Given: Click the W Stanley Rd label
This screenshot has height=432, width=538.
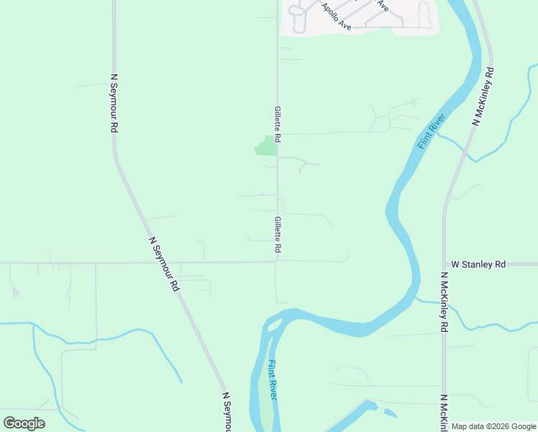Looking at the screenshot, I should (478, 264).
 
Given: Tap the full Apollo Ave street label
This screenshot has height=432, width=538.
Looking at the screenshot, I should (336, 17).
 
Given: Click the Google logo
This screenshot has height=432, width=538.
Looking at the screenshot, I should (24, 423).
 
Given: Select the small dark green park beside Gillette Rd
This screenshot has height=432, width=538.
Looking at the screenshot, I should (266, 146).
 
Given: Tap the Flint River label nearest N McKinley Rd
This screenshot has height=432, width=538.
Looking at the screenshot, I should (432, 132).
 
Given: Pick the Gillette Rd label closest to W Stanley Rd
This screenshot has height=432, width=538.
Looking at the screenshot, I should (277, 235).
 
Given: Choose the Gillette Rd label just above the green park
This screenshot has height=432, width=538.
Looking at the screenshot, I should (277, 123).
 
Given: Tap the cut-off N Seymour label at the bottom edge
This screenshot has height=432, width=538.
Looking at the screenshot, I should (227, 413).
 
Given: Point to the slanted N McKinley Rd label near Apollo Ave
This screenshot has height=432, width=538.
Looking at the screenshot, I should (483, 96).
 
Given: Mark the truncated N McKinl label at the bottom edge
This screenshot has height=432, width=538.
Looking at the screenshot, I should (445, 413).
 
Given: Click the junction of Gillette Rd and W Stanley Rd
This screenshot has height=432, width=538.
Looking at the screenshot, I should (277, 262).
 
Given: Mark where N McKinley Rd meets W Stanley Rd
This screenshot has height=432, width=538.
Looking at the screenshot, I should (443, 264).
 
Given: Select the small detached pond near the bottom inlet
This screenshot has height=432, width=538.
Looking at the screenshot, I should (390, 413).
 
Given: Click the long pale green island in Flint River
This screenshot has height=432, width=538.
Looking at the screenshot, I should (266, 403).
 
